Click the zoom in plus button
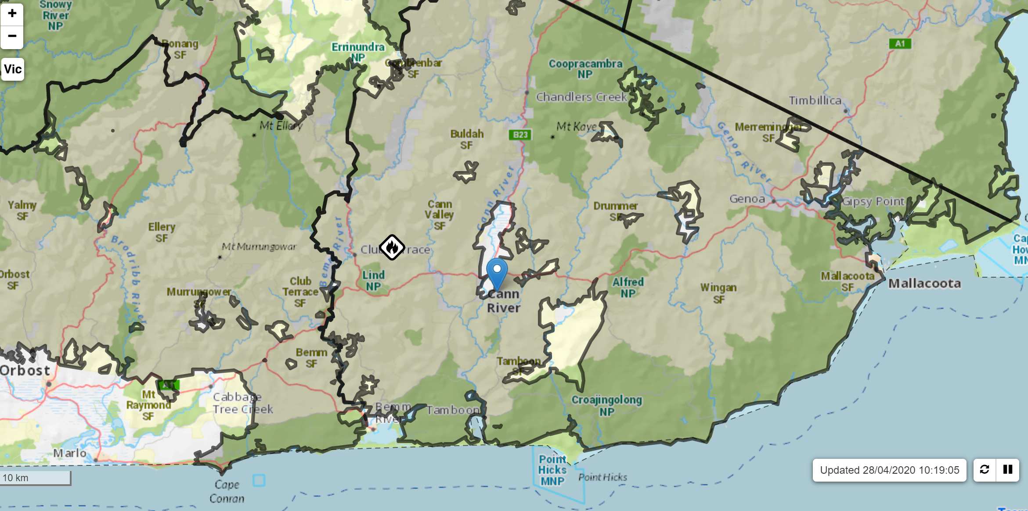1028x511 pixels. pyautogui.click(x=12, y=14)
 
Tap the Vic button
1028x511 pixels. pyautogui.click(x=13, y=69)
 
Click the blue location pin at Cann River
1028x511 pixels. pyautogui.click(x=497, y=272)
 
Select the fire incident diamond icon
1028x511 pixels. pyautogui.click(x=392, y=247)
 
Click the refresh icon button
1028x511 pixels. pyautogui.click(x=985, y=470)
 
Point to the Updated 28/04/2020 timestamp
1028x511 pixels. pyautogui.click(x=889, y=470)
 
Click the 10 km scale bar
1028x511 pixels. pyautogui.click(x=35, y=478)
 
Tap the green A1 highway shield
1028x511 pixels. pyautogui.click(x=900, y=43)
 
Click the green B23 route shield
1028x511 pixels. pyautogui.click(x=520, y=135)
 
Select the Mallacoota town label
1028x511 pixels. pyautogui.click(x=924, y=284)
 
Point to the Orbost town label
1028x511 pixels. pyautogui.click(x=25, y=371)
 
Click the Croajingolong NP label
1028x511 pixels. pyautogui.click(x=606, y=405)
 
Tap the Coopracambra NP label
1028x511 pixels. pyautogui.click(x=585, y=69)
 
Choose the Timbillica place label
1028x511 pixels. pyautogui.click(x=815, y=100)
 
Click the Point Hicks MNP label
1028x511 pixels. pyautogui.click(x=552, y=470)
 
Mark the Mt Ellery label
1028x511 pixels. pyautogui.click(x=281, y=126)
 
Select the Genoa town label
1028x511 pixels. pyautogui.click(x=747, y=199)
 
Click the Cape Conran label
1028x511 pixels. pyautogui.click(x=227, y=491)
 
